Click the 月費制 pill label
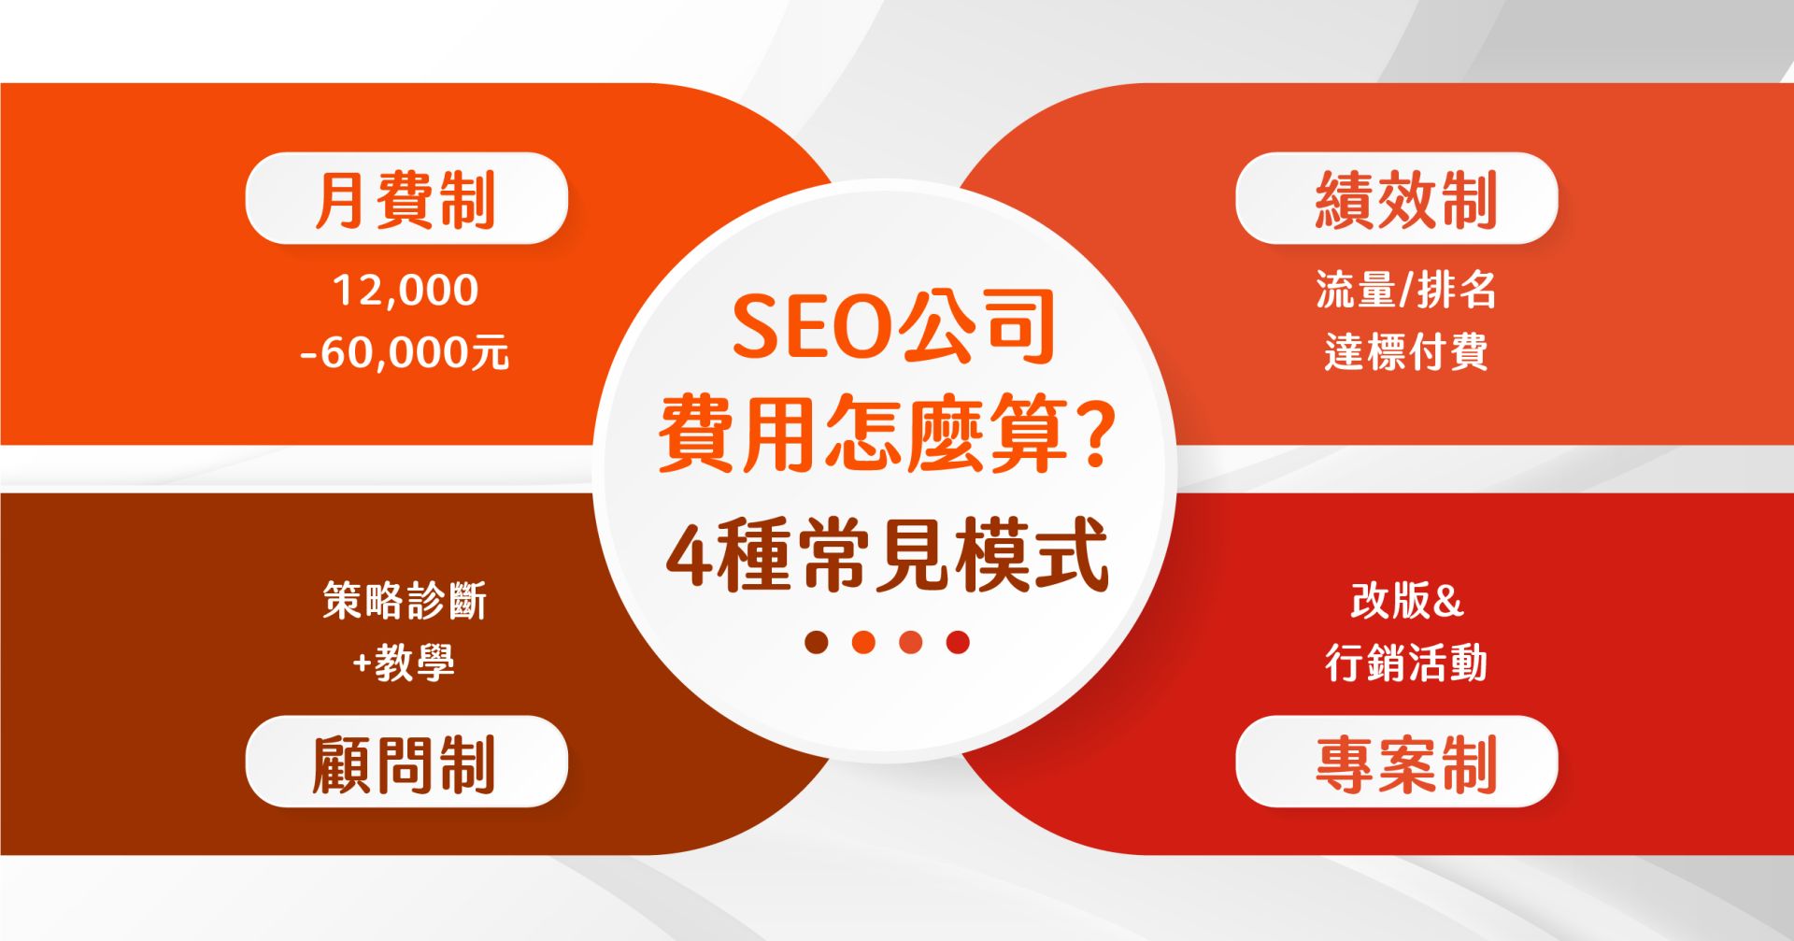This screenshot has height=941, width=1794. click(x=406, y=198)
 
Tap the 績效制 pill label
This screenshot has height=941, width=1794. click(x=1397, y=198)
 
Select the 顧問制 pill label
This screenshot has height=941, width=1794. click(x=406, y=762)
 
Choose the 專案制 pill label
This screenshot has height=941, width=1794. click(x=1397, y=762)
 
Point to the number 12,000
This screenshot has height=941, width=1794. click(x=406, y=291)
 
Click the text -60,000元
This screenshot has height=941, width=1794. click(x=405, y=353)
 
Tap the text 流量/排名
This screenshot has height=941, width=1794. click(x=1406, y=290)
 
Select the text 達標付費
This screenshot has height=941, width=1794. click(x=1406, y=352)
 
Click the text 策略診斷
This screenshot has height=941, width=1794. click(x=405, y=600)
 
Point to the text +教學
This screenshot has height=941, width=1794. click(x=404, y=663)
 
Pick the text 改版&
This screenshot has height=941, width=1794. click(x=1406, y=600)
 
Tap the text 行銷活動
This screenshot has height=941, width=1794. click(x=1406, y=663)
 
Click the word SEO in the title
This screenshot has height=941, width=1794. click(x=810, y=326)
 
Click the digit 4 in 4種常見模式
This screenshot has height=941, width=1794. click(x=688, y=556)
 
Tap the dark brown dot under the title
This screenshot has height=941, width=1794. click(x=817, y=642)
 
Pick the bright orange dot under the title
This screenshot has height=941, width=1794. click(x=863, y=642)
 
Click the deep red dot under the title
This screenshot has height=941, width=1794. click(x=958, y=642)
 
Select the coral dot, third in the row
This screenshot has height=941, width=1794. click(x=911, y=642)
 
